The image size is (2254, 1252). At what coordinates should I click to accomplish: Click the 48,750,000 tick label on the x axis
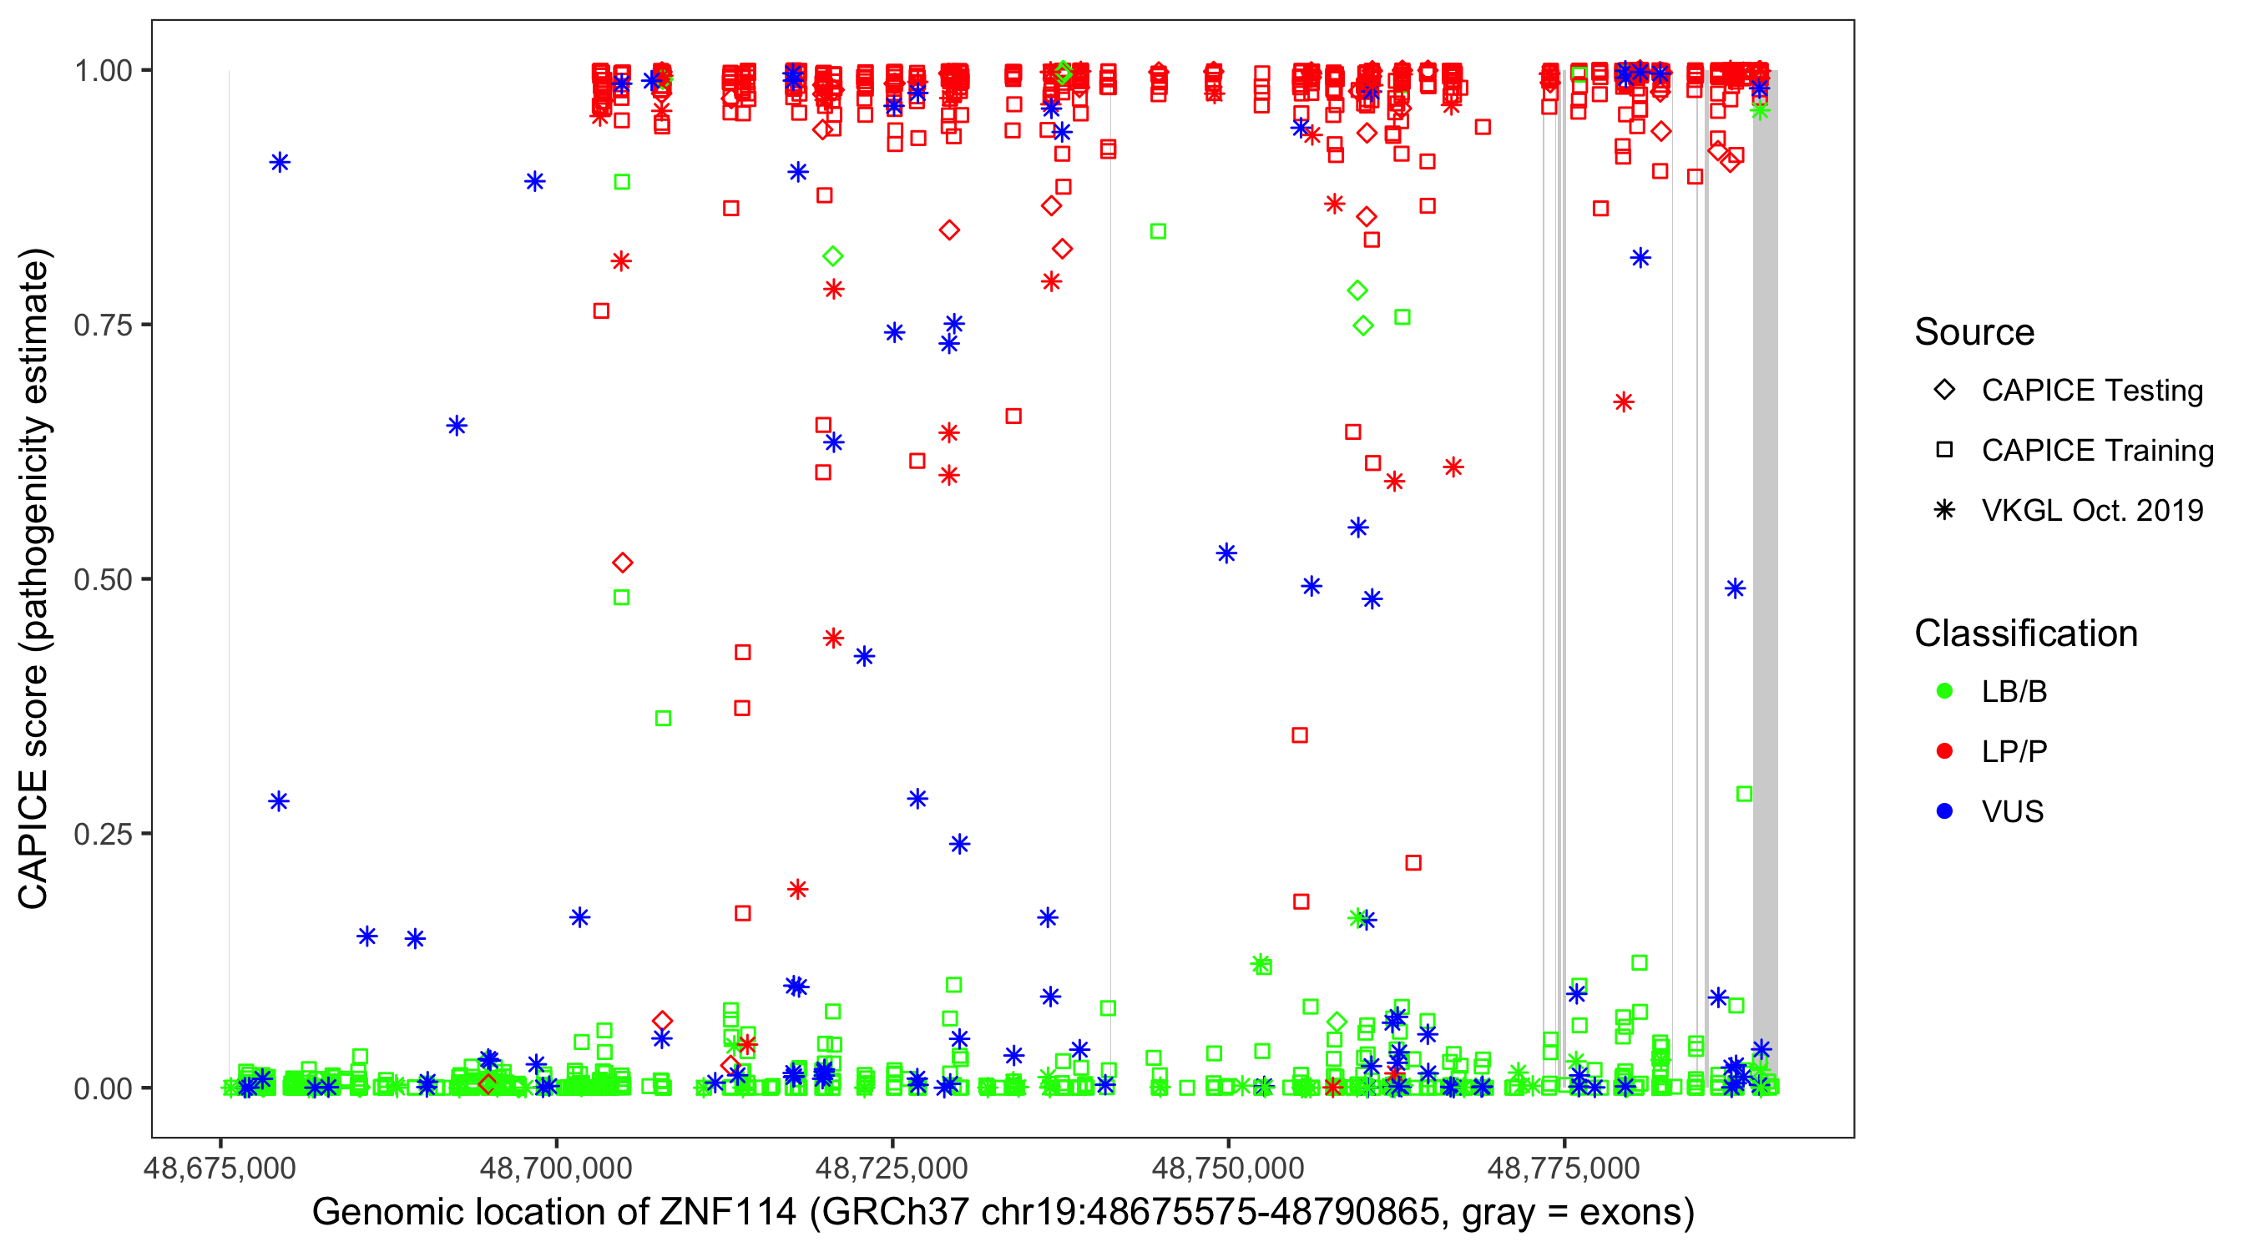tap(1228, 1167)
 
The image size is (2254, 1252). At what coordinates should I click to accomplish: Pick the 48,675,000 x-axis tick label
tap(220, 1167)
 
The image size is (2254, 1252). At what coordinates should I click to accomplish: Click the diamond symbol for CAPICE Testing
tap(1944, 391)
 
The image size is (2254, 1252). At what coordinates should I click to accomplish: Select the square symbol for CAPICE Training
tap(1944, 451)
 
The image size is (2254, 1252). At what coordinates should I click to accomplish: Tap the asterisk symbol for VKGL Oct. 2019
tap(1944, 510)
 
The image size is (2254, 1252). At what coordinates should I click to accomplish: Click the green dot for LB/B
tap(1944, 691)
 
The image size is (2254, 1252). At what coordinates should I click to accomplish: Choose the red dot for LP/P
tap(1944, 751)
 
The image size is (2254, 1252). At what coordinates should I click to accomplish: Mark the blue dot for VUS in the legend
tap(1944, 812)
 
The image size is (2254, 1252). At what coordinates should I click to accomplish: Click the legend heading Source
tap(1974, 332)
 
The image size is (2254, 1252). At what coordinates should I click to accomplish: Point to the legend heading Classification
tap(2025, 634)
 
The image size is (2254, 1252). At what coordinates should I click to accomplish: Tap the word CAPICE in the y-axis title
tap(33, 840)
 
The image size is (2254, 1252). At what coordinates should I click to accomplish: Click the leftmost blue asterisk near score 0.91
tap(280, 163)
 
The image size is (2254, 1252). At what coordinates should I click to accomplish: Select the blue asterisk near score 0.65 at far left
tap(457, 426)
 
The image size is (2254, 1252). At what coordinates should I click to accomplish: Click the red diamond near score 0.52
tap(622, 563)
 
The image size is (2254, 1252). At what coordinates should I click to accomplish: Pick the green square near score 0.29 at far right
tap(1744, 795)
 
